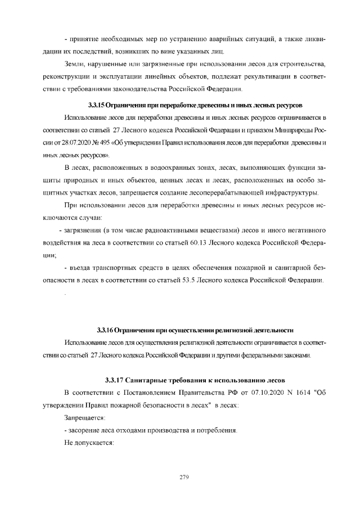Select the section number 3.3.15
point(99,105)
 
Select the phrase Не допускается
point(89,443)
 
